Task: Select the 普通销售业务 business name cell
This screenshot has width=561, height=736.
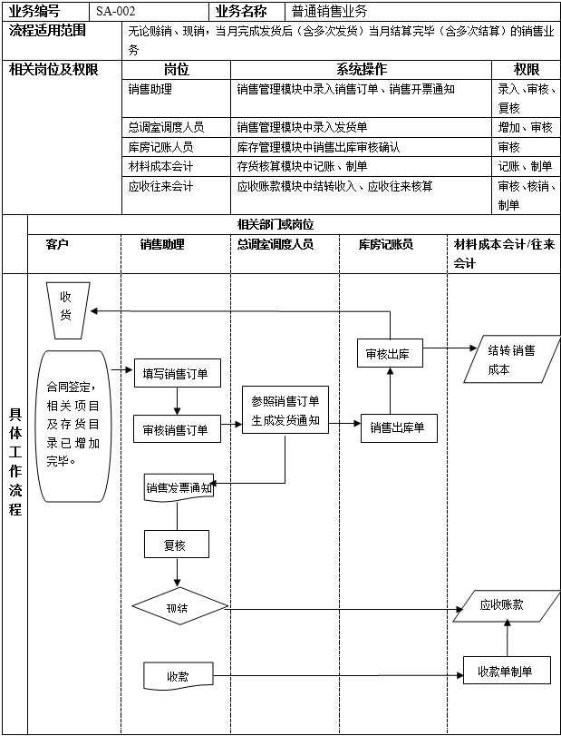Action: pos(330,12)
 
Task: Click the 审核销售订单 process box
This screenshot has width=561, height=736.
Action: pos(177,429)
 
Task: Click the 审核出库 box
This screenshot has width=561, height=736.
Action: pos(388,354)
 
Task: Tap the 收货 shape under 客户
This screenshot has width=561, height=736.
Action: pos(66,306)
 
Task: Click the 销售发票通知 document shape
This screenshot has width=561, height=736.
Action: pos(179,487)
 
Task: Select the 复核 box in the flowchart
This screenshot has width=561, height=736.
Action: pos(176,545)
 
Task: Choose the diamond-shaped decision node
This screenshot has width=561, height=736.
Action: pos(178,607)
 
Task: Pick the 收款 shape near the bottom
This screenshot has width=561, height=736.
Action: pos(178,676)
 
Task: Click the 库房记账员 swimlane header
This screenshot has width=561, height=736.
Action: pos(385,244)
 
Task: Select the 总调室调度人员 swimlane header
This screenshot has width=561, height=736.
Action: pos(276,244)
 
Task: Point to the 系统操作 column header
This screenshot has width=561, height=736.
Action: pos(362,69)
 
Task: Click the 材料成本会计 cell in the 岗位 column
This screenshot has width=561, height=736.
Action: pos(161,166)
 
